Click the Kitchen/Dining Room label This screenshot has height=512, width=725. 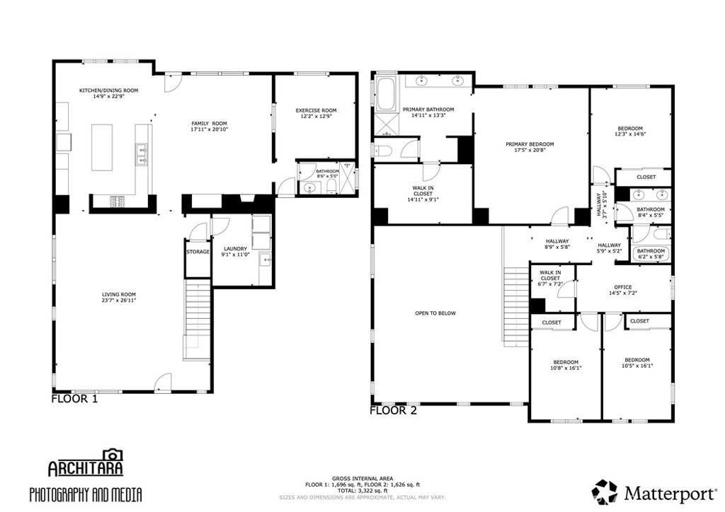coord(108,91)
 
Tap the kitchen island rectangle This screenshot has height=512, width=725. coord(102,146)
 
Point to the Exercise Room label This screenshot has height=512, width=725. coord(316,110)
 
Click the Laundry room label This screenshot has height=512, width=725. coord(235,248)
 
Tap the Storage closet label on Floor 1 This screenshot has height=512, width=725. coord(198,252)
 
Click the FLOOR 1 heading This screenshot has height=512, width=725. coord(74,399)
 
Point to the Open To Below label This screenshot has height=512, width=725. coord(435,313)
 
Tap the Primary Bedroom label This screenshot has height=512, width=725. coord(530,144)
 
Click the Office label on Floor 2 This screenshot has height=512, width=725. coord(623,287)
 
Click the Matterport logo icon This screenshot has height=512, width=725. coord(605,492)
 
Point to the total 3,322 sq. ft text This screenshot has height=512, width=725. coord(362,490)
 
